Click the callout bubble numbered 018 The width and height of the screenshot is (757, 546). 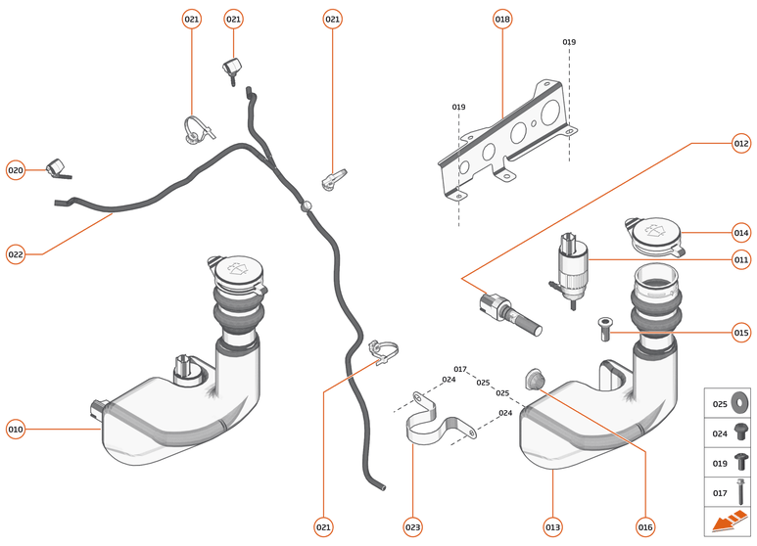502,19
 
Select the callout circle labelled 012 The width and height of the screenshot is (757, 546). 740,144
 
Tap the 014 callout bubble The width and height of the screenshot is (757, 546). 740,233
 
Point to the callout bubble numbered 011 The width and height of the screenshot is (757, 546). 740,260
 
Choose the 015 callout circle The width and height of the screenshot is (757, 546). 740,333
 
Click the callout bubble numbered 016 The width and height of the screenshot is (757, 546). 645,526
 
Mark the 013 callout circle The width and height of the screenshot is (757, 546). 553,526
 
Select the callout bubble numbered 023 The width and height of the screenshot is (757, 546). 412,526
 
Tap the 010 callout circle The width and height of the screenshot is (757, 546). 16,428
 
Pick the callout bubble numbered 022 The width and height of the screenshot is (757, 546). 16,254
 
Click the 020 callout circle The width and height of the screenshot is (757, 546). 16,169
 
